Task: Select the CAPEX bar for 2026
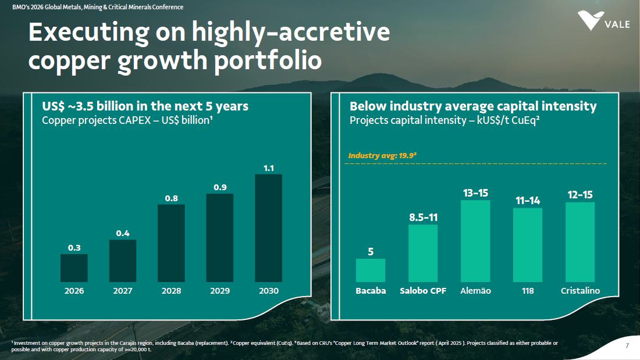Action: pyautogui.click(x=74, y=268)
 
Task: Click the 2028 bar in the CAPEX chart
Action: pyautogui.click(x=171, y=243)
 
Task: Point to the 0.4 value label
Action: pyautogui.click(x=123, y=233)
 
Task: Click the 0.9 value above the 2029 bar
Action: pyautogui.click(x=220, y=187)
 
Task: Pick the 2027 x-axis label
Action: pyautogui.click(x=123, y=291)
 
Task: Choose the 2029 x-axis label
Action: pyautogui.click(x=220, y=291)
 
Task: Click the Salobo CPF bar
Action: pyautogui.click(x=423, y=253)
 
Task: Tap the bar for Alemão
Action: pyautogui.click(x=475, y=241)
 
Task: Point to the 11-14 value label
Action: pyautogui.click(x=528, y=201)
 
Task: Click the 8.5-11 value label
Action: pyautogui.click(x=423, y=218)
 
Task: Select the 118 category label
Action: pyautogui.click(x=528, y=291)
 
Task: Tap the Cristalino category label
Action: pyautogui.click(x=580, y=291)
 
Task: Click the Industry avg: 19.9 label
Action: pyautogui.click(x=382, y=156)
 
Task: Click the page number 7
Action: pyautogui.click(x=627, y=346)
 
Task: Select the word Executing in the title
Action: pyautogui.click(x=89, y=33)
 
